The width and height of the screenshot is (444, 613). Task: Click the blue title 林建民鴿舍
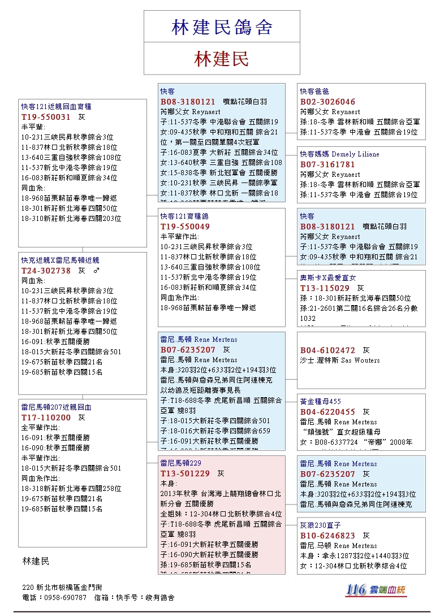pyautogui.click(x=222, y=27)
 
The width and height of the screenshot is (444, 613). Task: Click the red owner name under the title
pyautogui.click(x=222, y=59)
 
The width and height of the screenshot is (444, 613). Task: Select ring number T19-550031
pyautogui.click(x=46, y=117)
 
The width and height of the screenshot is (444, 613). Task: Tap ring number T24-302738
pyautogui.click(x=46, y=271)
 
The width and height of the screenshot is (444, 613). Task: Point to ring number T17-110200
pyautogui.click(x=46, y=418)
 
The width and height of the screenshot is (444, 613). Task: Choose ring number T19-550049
pyautogui.click(x=185, y=227)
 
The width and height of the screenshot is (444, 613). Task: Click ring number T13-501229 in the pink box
pyautogui.click(x=185, y=473)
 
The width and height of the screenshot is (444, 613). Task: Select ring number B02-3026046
pyautogui.click(x=327, y=102)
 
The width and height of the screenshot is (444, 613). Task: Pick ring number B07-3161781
pyautogui.click(x=327, y=164)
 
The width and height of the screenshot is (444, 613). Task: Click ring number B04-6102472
pyautogui.click(x=327, y=350)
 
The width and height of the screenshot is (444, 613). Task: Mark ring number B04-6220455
pyautogui.click(x=327, y=412)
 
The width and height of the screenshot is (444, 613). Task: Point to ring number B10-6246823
pyautogui.click(x=327, y=536)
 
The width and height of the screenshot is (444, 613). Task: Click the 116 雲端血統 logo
pyautogui.click(x=376, y=589)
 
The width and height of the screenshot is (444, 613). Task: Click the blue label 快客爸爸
pyautogui.click(x=314, y=91)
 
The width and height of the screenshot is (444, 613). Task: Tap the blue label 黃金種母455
pyautogui.click(x=320, y=401)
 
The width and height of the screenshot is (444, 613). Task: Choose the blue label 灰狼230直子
pyautogui.click(x=320, y=525)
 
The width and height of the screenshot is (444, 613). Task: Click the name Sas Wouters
pyautogui.click(x=361, y=360)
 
